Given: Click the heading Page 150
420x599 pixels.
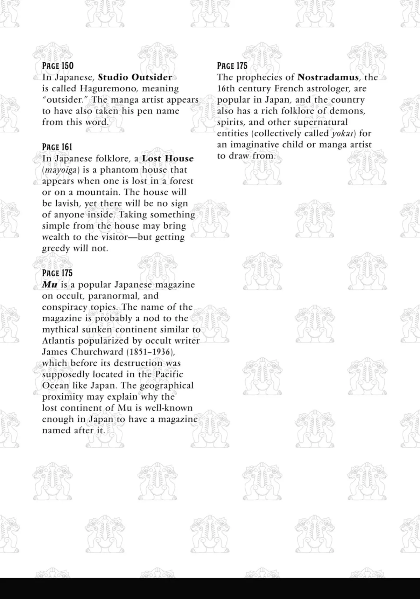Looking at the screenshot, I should (x=58, y=66).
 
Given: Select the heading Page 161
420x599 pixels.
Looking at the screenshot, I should (x=57, y=147).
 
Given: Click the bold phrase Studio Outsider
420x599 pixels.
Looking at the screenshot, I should (x=135, y=77).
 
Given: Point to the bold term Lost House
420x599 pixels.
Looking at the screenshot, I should (x=168, y=159).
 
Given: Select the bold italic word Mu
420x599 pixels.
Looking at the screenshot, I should (x=49, y=285).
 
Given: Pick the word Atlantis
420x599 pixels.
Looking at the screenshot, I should (x=58, y=341).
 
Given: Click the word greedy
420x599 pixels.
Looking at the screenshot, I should (x=56, y=249).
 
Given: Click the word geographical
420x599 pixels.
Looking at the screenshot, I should (x=167, y=386).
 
